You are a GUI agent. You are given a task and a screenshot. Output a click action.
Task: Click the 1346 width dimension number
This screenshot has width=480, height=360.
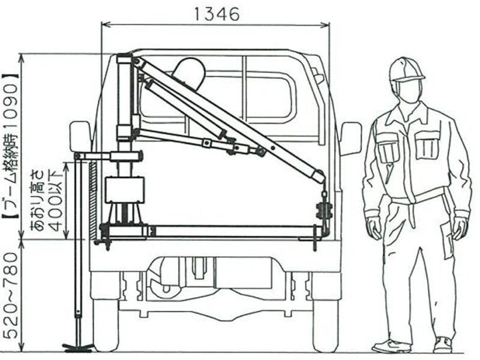point(217,14)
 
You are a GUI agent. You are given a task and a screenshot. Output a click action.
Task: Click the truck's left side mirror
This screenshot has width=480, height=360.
point(80,136)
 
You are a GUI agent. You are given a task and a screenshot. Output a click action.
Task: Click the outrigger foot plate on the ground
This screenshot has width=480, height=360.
point(78,346)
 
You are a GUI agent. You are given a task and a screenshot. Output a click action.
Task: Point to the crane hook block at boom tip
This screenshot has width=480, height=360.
point(324,211)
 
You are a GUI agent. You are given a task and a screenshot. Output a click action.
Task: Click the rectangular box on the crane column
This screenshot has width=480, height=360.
point(124,190)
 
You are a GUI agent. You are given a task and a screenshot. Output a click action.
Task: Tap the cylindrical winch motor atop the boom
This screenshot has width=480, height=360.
point(190,73)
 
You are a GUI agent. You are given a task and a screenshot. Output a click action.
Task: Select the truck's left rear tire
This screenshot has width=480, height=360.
point(106,325)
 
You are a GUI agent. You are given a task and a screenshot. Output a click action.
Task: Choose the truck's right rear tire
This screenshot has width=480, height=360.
point(326,325)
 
